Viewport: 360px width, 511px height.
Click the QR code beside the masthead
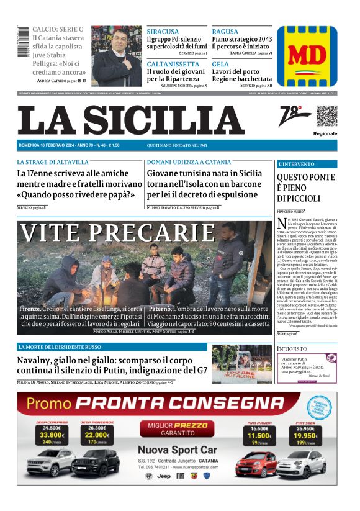pyautogui.click(x=326, y=116)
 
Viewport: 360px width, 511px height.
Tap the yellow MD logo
pyautogui.click(x=307, y=57)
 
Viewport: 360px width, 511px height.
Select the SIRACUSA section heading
pyautogui.click(x=163, y=32)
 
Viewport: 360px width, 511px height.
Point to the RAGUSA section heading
pyautogui.click(x=225, y=32)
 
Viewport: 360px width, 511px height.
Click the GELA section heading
pyautogui.click(x=220, y=64)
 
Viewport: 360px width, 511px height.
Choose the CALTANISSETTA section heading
pyautogui.click(x=173, y=64)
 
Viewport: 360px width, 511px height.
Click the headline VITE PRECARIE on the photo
pyautogui.click(x=117, y=233)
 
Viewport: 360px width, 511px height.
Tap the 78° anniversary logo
pyautogui.click(x=295, y=115)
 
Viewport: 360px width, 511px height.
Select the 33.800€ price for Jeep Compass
pyautogui.click(x=51, y=435)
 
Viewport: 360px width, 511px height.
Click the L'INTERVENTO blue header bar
pyautogui.click(x=307, y=165)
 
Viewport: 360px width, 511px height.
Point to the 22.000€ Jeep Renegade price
pyautogui.click(x=97, y=435)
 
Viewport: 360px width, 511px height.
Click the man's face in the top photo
pyautogui.click(x=115, y=46)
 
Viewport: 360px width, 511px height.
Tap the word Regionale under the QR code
pyautogui.click(x=325, y=133)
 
